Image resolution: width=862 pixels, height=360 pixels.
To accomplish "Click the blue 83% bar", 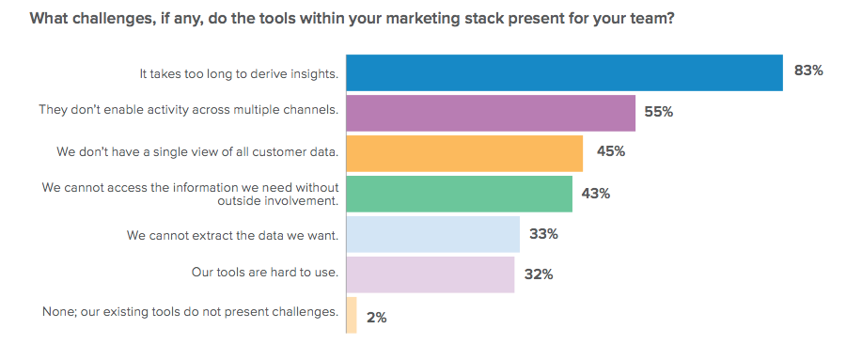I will pos(564,72).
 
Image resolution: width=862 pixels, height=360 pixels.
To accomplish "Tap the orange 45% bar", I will pos(464,152).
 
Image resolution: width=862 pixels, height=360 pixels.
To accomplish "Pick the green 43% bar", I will pos(459,194).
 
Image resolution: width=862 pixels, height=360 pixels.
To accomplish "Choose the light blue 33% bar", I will pos(432,234).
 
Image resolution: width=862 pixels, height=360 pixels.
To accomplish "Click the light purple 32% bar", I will pos(430,274).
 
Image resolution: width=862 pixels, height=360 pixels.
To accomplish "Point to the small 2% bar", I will pos(352,315).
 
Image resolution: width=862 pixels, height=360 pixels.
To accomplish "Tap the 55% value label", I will pos(659,111).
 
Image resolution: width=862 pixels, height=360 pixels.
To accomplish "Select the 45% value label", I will pos(606,151).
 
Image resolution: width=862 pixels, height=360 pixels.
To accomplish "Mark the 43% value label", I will pos(595,194).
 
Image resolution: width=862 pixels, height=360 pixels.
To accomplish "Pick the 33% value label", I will pos(543,234).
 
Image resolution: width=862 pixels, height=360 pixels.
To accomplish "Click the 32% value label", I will pos(538,274).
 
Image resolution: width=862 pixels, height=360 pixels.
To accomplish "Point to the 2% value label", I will pos(376,317).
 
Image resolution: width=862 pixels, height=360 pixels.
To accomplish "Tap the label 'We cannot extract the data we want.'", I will pos(232,233).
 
